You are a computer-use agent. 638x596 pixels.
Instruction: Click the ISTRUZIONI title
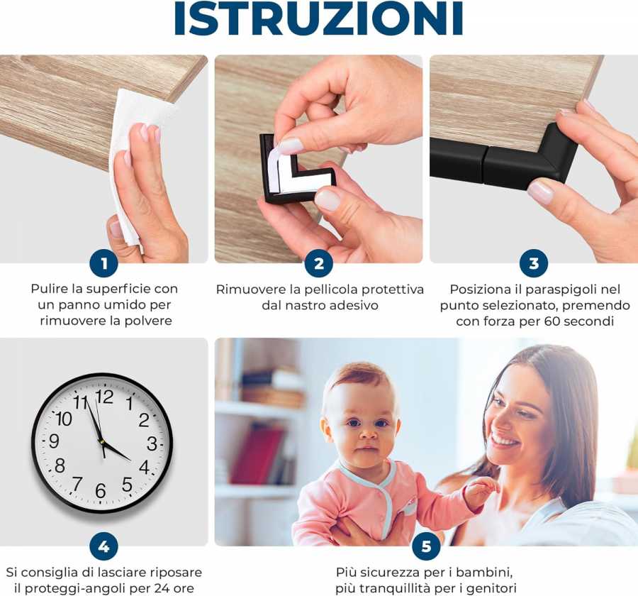pos(318,19)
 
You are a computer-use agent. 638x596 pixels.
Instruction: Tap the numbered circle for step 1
pos(104,264)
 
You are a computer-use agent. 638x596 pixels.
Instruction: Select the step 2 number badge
pos(319,264)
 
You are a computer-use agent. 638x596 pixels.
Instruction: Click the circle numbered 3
pos(534,264)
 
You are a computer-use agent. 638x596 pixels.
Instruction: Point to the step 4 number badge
pos(104,546)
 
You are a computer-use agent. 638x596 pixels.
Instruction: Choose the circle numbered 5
pos(426,546)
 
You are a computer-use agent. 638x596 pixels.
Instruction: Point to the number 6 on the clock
pos(100,491)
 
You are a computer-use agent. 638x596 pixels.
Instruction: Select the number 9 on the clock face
pos(54,441)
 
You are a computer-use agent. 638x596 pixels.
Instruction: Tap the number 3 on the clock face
pos(151,443)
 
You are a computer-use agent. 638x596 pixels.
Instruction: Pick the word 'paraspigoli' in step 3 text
pos(564,289)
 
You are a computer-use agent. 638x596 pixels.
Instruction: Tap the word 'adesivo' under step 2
pos(356,305)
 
